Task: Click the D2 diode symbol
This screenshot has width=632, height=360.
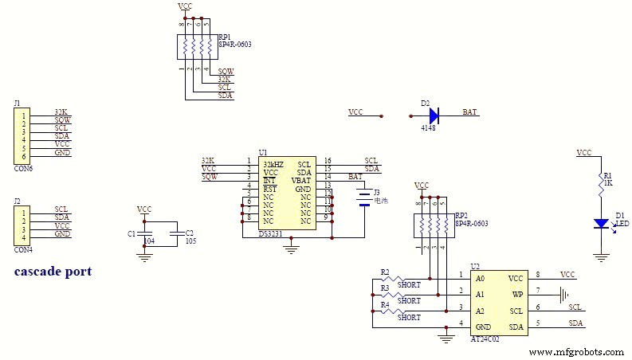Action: (x=434, y=116)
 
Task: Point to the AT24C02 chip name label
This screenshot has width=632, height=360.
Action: (x=485, y=338)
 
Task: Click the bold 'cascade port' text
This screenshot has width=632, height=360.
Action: (x=53, y=272)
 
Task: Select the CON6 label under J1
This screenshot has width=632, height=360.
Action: (x=23, y=169)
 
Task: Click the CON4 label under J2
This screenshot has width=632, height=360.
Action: (x=23, y=249)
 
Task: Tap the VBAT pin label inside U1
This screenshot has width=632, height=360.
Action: (x=301, y=182)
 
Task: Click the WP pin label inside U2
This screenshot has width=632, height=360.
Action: (x=517, y=294)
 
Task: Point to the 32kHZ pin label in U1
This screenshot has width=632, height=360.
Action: (x=273, y=164)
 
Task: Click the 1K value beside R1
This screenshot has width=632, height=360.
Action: (x=608, y=183)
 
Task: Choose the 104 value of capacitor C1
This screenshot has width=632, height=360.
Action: (x=149, y=240)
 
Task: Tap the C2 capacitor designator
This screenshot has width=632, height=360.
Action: (x=189, y=233)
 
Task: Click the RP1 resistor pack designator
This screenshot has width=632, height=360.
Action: (x=225, y=37)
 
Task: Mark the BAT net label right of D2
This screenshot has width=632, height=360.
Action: (x=470, y=113)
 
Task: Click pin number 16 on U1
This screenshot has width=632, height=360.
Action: (x=328, y=161)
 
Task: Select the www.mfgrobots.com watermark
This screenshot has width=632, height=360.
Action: (x=576, y=352)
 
